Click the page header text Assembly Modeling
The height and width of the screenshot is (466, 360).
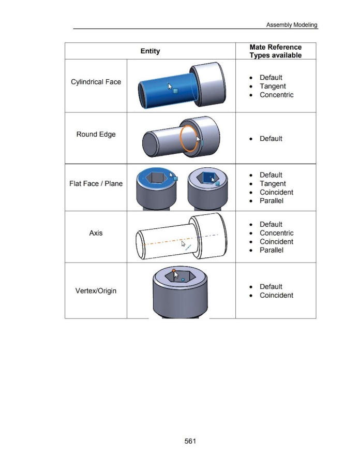(291, 25)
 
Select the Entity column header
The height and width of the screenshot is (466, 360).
(150, 51)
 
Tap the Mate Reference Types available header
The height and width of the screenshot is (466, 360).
(275, 51)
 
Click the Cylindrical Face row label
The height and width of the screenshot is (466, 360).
(96, 82)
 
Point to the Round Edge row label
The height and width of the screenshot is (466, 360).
(96, 134)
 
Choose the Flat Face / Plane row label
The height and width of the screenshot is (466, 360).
(96, 184)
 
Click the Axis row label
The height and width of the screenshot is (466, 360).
(96, 232)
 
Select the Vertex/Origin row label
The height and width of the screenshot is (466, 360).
(96, 290)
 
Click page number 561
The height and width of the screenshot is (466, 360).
(190, 441)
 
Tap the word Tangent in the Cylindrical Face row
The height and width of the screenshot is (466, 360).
(273, 86)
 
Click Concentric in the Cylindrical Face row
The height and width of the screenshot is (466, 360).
(276, 95)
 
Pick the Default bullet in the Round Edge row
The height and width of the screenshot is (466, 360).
(271, 138)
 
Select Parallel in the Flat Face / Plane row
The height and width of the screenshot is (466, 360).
(271, 200)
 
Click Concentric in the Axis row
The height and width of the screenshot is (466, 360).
(276, 233)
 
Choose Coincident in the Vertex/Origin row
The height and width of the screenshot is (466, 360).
(276, 295)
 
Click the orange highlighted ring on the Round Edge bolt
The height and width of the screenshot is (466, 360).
(180, 138)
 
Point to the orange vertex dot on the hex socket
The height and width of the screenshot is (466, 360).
(174, 270)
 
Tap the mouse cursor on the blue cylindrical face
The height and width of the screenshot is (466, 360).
(170, 86)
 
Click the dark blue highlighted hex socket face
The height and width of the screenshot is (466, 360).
(208, 178)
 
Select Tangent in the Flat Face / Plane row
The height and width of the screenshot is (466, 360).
(273, 184)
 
